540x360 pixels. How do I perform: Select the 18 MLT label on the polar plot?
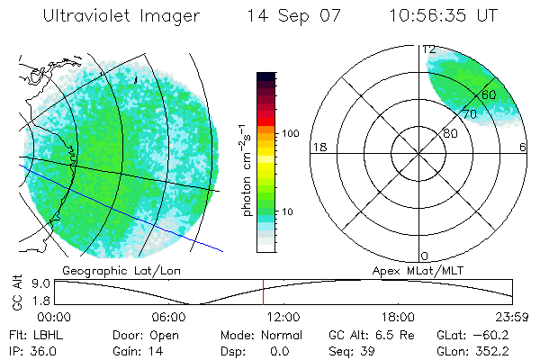[x=318, y=147]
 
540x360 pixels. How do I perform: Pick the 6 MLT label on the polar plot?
[x=523, y=147]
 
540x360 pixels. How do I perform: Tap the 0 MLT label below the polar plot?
[x=424, y=256]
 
